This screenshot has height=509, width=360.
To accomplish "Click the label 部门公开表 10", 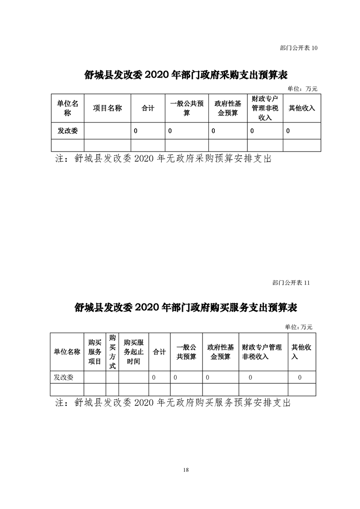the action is (x=299, y=48).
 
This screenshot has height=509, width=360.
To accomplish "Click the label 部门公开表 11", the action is (x=291, y=283).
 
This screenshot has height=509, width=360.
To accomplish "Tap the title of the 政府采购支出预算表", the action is (x=186, y=75).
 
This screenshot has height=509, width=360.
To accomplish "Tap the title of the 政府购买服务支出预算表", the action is (x=186, y=307).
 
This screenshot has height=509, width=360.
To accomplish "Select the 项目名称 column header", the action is (x=107, y=108).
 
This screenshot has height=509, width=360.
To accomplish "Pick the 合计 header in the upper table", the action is (x=148, y=108).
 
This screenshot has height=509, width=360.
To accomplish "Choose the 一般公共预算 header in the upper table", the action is (x=187, y=108).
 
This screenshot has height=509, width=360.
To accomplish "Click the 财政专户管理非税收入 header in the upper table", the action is (x=265, y=108).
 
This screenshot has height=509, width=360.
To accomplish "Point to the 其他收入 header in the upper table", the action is (x=302, y=108).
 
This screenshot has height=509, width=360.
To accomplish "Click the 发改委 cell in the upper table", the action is (x=68, y=131).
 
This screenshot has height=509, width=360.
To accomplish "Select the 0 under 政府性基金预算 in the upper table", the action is (x=213, y=131).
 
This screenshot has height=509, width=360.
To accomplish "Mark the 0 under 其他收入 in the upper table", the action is (x=288, y=131).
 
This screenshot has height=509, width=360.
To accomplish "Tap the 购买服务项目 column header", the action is (x=95, y=352).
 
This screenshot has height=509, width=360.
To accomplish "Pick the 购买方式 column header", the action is (x=113, y=352).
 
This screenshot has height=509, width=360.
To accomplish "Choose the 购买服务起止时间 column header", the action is (x=133, y=352).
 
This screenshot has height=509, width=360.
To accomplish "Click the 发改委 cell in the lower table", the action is (x=64, y=377).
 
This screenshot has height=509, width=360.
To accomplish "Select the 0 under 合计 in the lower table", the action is (x=154, y=377).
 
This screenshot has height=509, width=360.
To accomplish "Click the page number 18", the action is (x=186, y=470).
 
